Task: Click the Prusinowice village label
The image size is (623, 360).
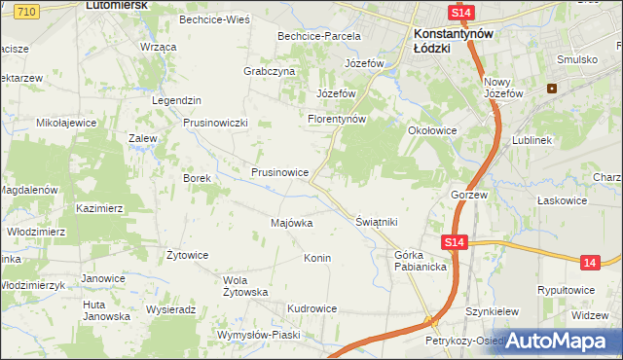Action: point(280,172)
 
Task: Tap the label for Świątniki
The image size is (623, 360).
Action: point(378,222)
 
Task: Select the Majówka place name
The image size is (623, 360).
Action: point(291,223)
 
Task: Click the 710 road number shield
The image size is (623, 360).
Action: point(27,10)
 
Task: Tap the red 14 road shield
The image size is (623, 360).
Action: point(590,263)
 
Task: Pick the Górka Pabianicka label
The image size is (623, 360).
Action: point(420,261)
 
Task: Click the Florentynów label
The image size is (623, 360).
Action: point(336,119)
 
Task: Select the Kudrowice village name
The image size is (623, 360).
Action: point(311,308)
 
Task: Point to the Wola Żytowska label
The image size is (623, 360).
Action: point(245,286)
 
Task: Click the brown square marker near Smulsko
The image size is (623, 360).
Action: point(552,89)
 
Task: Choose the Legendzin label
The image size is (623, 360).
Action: point(176,100)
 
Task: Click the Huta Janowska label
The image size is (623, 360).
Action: point(106,310)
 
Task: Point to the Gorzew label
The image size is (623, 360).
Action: point(469,195)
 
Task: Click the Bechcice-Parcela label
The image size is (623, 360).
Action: point(319,36)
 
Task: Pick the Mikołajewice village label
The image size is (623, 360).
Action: point(66,124)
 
